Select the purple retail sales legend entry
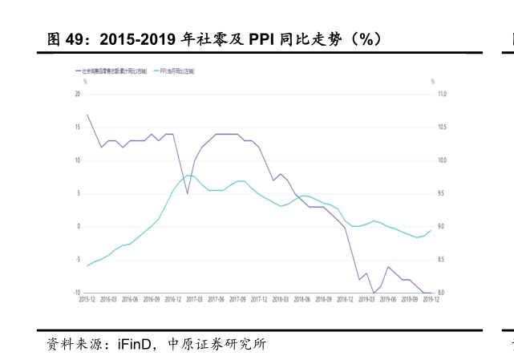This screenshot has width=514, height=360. [x=112, y=71]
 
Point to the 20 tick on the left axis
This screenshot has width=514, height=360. [x=78, y=95]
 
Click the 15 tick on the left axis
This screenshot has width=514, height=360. [x=78, y=127]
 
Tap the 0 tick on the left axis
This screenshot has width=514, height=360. [x=79, y=226]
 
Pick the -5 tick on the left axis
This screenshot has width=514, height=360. [x=78, y=260]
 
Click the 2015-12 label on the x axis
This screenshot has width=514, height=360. [x=87, y=299]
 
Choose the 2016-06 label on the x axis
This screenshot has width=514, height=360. [x=130, y=299]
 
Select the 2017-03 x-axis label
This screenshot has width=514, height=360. [x=195, y=299]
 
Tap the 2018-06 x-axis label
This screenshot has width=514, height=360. [x=302, y=299]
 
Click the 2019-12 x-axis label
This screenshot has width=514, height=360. [x=431, y=299]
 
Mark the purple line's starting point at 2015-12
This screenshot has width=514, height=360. [x=87, y=114]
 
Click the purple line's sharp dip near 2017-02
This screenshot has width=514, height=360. [x=188, y=193]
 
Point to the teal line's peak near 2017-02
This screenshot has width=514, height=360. [x=188, y=175]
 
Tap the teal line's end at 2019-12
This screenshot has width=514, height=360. [x=431, y=230]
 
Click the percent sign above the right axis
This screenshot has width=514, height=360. [x=432, y=82]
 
